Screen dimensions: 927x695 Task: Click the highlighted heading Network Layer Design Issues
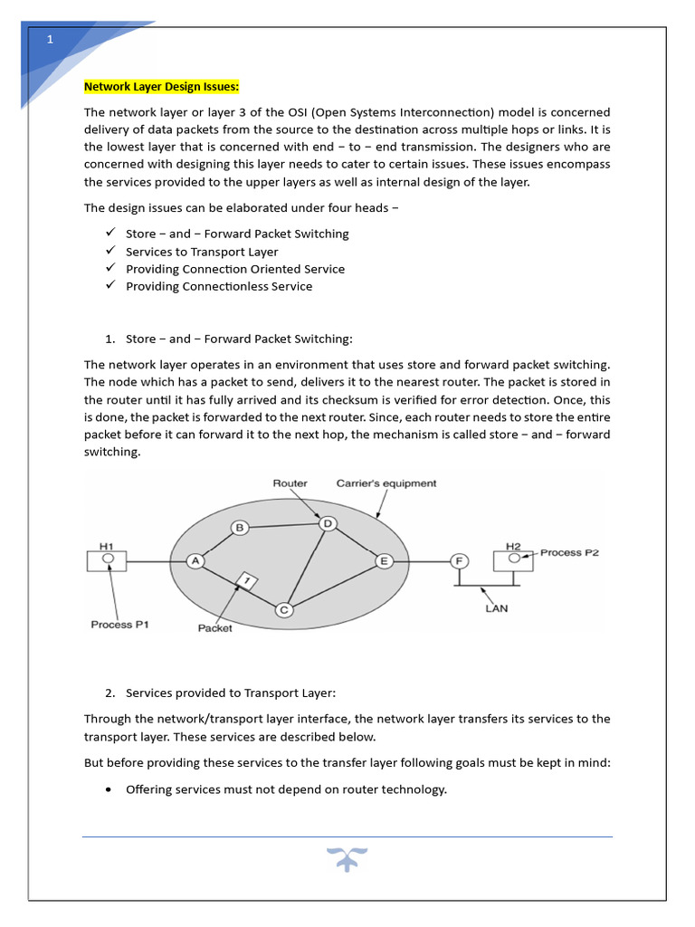[161, 87]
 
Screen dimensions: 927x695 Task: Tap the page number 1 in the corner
[51, 39]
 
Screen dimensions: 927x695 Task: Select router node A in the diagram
[195, 561]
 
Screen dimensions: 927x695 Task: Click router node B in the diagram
[239, 528]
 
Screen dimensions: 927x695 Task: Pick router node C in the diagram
[283, 610]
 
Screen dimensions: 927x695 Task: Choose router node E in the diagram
[384, 561]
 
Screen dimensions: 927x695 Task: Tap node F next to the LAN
[460, 561]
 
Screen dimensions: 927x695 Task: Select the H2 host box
[513, 559]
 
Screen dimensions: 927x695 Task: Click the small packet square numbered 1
[244, 579]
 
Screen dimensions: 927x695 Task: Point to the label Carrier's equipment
[386, 483]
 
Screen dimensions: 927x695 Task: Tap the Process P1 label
[124, 625]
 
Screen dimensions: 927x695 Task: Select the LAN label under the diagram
[496, 608]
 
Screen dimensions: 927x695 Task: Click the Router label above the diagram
[290, 483]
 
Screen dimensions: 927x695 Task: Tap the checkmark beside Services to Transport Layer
[110, 251]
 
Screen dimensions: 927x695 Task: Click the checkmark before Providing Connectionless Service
[110, 285]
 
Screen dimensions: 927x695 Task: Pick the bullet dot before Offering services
[109, 789]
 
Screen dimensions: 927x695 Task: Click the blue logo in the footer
[347, 860]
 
